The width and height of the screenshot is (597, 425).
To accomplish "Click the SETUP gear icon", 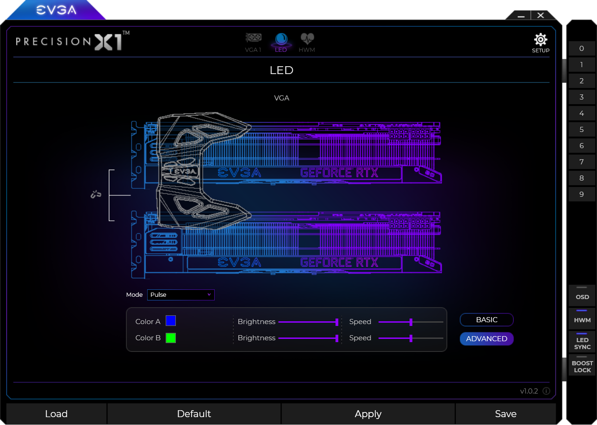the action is pyautogui.click(x=540, y=40).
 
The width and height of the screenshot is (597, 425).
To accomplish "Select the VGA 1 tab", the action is pyautogui.click(x=253, y=43).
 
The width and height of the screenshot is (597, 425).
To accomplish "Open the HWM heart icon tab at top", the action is pyautogui.click(x=307, y=43).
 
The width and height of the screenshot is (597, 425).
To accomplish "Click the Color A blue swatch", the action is pyautogui.click(x=171, y=321).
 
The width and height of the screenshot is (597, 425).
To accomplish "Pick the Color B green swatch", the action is pyautogui.click(x=171, y=338).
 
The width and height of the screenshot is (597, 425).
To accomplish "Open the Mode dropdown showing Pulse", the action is pyautogui.click(x=180, y=294).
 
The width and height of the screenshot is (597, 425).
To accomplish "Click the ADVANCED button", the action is pyautogui.click(x=486, y=338).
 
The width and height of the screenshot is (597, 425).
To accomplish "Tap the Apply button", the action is pyautogui.click(x=368, y=413).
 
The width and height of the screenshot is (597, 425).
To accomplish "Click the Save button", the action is pyautogui.click(x=505, y=413).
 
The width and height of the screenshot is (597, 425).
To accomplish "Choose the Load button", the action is pyautogui.click(x=56, y=413).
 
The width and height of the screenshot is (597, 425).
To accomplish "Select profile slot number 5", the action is pyautogui.click(x=582, y=130).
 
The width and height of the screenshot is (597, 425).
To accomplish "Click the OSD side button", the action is pyautogui.click(x=582, y=295).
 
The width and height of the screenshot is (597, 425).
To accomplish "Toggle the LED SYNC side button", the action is pyautogui.click(x=582, y=342).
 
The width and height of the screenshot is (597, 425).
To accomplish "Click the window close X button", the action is pyautogui.click(x=541, y=15).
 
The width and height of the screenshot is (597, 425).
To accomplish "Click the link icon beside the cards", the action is pyautogui.click(x=96, y=194).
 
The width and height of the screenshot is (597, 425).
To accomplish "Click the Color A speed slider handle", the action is pyautogui.click(x=411, y=322).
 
